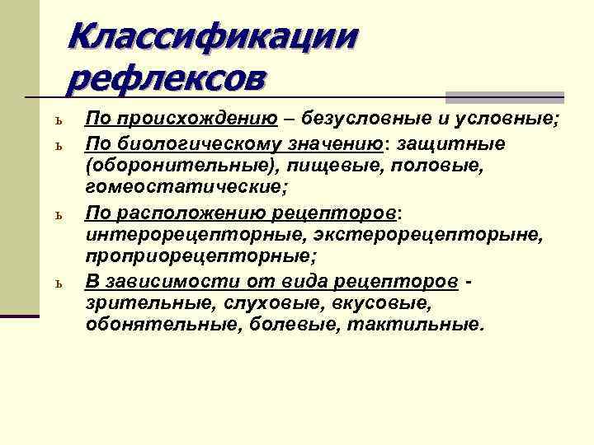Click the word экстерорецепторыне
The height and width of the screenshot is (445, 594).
(x=427, y=236)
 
